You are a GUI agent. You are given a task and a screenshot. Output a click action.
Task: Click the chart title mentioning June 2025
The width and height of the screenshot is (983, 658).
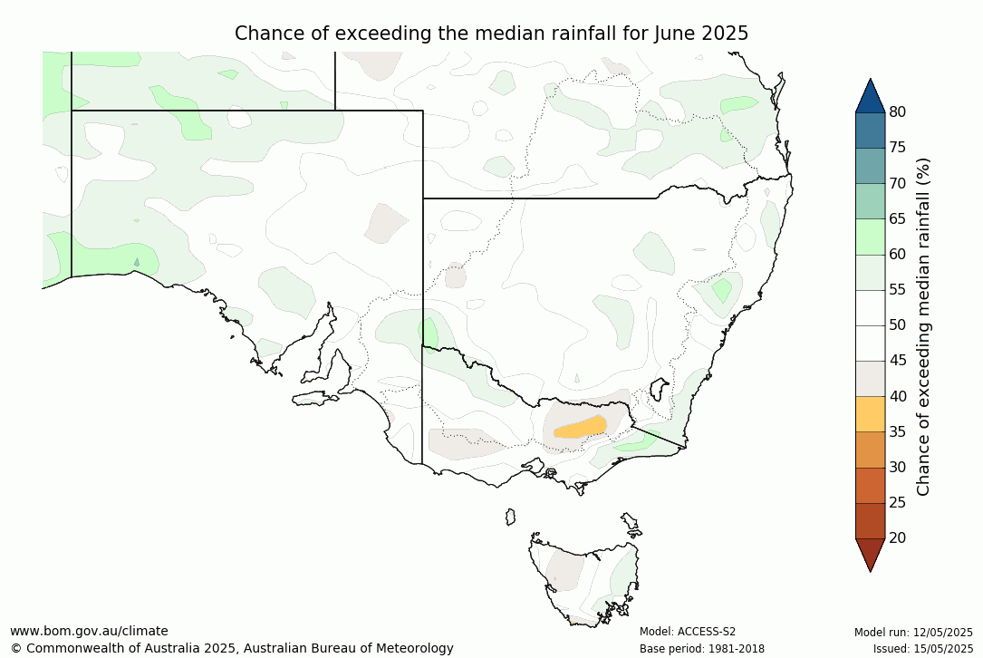coord(491,34)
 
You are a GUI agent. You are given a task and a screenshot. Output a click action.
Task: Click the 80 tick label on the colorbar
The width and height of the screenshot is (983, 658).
coord(897,112)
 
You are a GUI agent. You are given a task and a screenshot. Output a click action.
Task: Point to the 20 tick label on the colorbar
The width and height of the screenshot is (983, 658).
coord(897,537)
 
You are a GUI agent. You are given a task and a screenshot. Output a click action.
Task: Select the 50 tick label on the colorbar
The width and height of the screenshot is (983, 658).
coord(897,325)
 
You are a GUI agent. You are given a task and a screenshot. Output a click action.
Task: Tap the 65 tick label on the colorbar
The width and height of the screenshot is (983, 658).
coord(897,218)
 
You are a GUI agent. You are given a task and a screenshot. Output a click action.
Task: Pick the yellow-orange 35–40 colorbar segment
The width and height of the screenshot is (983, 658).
coord(870,413)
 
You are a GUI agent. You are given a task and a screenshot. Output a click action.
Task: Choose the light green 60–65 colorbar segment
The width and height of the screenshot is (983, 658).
coord(870,237)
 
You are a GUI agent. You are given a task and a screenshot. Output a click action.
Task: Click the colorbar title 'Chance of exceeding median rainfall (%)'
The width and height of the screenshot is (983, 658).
coord(924,325)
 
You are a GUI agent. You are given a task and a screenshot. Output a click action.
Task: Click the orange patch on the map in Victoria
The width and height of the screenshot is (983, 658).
coord(581,426)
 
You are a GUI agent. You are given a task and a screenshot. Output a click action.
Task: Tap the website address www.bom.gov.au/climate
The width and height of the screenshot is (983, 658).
coord(89,631)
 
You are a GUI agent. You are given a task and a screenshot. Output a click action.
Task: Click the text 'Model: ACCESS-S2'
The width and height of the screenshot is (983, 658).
coord(688,632)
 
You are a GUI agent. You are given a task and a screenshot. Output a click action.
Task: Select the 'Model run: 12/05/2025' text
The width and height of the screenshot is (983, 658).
coord(913,632)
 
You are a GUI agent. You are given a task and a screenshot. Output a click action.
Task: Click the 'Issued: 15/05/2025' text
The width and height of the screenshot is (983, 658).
coord(922,648)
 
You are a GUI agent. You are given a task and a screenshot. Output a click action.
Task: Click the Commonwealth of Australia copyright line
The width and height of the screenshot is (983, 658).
coord(232,648)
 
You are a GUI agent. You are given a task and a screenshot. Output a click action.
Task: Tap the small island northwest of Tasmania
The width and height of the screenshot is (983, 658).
coord(510,517)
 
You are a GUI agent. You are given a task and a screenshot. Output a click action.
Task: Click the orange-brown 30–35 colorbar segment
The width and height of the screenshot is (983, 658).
coord(870,449)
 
